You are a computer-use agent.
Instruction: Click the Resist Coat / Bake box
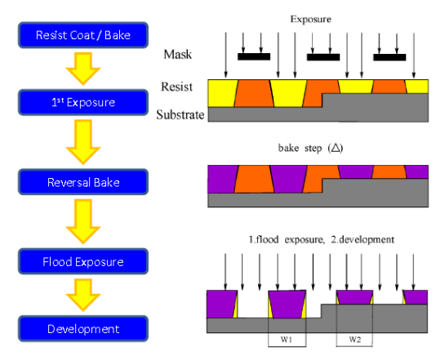83,35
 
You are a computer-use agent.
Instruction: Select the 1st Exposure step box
83,102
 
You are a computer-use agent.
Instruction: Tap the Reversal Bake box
83,182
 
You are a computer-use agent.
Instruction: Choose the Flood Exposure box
83,261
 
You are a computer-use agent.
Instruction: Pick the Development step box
83,329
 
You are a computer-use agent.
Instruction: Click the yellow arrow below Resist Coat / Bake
83,69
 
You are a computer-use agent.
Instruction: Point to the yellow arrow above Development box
83,295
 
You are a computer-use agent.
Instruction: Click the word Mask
178,54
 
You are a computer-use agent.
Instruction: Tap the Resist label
176,87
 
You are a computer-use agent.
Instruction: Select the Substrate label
180,114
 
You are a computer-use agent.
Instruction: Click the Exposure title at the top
311,19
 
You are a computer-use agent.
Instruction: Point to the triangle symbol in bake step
336,148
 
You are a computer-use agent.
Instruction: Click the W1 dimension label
287,339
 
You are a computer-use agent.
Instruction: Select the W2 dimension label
354,339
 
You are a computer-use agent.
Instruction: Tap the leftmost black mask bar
254,56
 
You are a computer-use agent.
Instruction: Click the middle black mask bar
323,57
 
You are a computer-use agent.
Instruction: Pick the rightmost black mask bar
389,57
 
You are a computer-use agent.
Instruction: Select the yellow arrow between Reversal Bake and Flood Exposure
83,221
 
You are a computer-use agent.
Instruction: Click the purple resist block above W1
287,304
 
